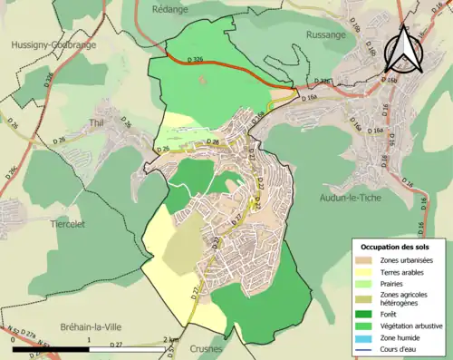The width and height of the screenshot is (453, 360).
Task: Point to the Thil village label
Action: pos(98,122)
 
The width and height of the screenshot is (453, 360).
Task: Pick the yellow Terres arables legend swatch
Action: pos(364,273)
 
